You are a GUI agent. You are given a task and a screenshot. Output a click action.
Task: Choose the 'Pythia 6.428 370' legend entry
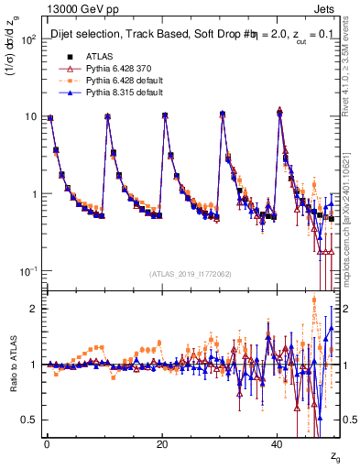[x=116, y=70]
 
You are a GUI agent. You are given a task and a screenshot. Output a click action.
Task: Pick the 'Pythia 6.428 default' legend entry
[x=122, y=82]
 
